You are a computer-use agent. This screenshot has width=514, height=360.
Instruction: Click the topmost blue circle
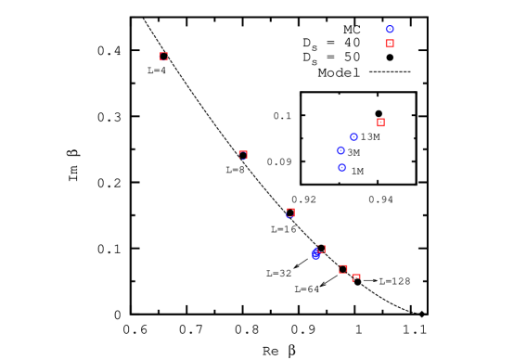pos(390,30)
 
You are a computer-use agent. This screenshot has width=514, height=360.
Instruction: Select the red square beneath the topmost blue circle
pos(390,44)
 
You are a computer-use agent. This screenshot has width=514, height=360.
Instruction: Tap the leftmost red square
pos(164,57)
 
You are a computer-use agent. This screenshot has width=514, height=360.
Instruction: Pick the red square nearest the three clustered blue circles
pos(380,122)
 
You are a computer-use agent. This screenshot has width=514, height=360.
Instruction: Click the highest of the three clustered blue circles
pos(353,137)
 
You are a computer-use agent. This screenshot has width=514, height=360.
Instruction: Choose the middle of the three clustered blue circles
pos(341,150)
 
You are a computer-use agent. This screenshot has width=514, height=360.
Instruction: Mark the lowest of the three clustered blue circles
pos(342,168)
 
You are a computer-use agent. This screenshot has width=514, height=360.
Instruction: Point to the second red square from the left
pos(243,155)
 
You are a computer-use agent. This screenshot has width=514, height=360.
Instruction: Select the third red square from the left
pos(290,212)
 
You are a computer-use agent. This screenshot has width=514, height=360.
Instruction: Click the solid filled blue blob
pos(315,254)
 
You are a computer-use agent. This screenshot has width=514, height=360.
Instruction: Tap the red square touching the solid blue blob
pos(322,249)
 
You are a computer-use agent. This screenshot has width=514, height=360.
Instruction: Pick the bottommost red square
pos(356,277)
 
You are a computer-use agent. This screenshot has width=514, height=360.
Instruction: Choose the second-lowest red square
pos(343,269)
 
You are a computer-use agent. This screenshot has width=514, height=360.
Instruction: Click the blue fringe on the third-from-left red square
pos(289,216)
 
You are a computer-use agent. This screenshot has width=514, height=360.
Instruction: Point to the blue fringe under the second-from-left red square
pos(242,159)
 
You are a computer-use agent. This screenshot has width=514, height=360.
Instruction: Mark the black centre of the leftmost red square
pos(164,57)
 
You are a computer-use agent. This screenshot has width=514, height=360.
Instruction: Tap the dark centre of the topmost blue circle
pos(390,30)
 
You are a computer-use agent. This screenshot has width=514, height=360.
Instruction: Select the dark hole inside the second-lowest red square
pos(343,269)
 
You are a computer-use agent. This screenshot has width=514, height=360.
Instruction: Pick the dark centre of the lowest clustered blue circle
pos(342,168)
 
